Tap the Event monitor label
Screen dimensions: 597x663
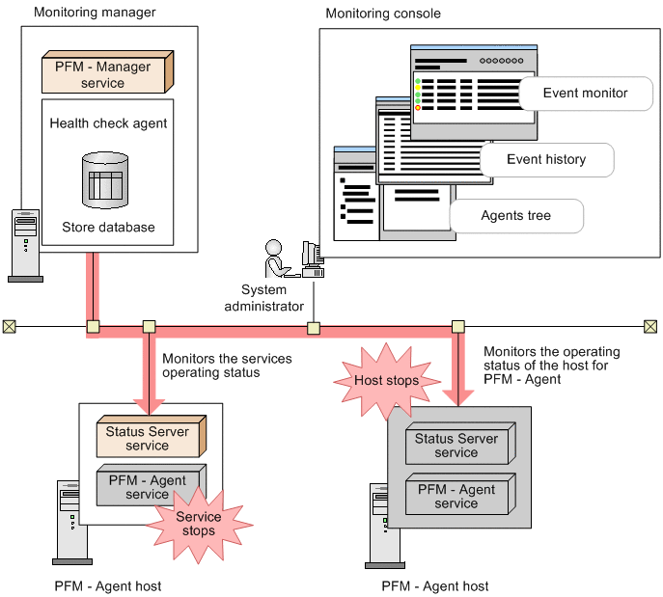585,94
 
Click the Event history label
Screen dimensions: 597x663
545,159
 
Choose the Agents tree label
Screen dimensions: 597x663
515,216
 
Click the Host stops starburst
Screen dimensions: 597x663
385,380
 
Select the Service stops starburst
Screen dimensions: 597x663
198,523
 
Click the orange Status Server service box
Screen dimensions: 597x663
149,438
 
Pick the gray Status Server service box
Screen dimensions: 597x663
457,445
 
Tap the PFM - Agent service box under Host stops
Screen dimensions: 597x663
457,496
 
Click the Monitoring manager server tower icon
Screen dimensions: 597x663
25,245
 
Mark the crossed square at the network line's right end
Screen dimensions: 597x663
650,327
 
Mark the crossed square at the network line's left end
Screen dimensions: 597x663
9,327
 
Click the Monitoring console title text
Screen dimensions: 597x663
382,14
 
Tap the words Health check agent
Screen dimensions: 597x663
108,123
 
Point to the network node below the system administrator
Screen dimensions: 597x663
314,328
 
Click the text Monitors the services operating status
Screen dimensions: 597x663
227,365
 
